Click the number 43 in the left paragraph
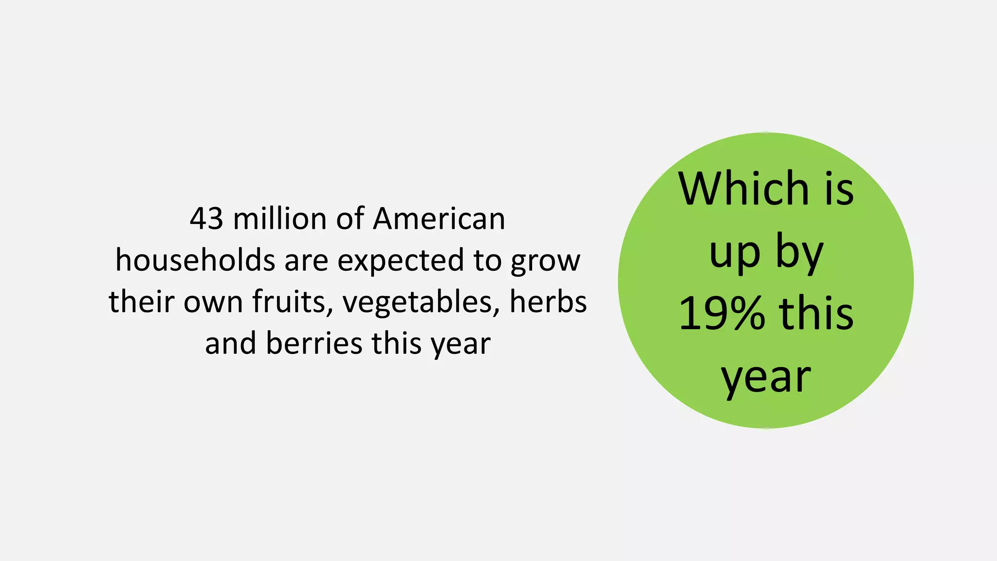206,219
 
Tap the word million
280,219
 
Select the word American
439,219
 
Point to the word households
195,261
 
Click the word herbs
548,302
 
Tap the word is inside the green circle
839,189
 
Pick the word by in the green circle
799,253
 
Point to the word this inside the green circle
816,314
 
